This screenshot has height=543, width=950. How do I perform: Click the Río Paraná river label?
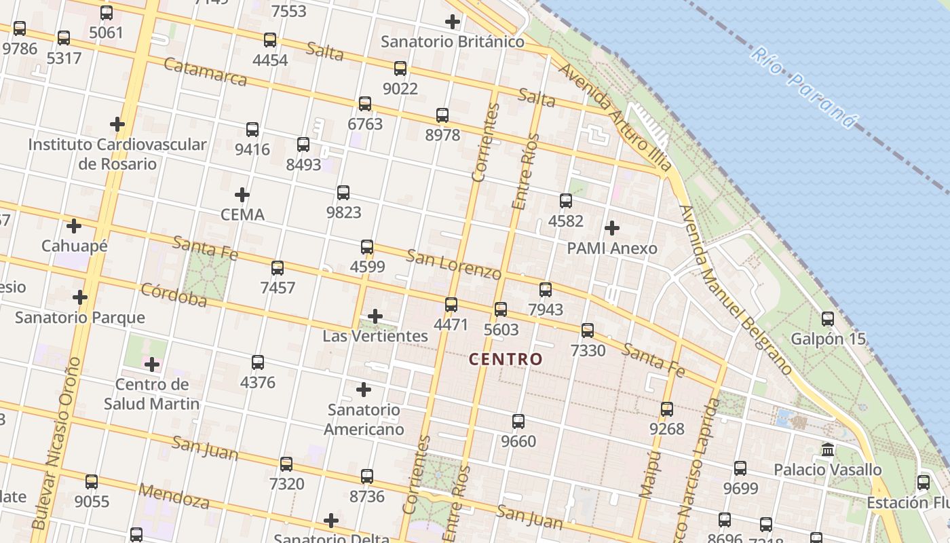click(x=805, y=88)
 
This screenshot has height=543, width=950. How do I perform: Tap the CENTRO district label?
click(x=506, y=359)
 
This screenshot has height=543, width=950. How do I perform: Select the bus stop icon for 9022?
click(x=400, y=69)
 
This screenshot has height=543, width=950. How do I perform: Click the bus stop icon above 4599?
click(x=367, y=247)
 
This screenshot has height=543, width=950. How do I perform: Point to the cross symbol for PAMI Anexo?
click(x=611, y=228)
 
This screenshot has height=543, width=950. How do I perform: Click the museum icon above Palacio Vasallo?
click(x=827, y=449)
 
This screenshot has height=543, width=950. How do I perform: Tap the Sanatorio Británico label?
click(x=452, y=41)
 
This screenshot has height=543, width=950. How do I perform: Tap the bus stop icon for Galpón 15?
click(x=827, y=319)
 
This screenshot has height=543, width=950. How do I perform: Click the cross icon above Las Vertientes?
click(x=375, y=316)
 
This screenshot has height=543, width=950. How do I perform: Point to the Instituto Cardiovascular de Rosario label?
click(x=117, y=154)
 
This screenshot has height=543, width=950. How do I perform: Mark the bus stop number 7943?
click(x=546, y=310)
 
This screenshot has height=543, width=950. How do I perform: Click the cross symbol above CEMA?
click(x=242, y=195)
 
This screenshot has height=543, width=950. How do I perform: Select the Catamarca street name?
click(x=206, y=73)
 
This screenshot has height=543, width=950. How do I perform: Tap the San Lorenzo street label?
click(x=453, y=264)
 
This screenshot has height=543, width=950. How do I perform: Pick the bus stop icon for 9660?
click(x=518, y=422)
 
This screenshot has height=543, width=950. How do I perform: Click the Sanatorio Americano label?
click(x=364, y=419)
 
